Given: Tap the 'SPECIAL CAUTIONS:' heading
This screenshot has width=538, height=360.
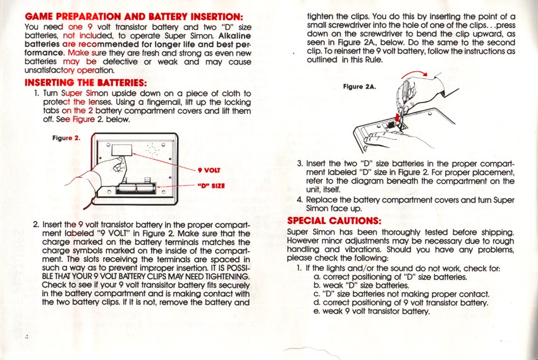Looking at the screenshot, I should (334, 221).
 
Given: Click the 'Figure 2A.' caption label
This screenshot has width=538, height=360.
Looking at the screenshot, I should (360, 86).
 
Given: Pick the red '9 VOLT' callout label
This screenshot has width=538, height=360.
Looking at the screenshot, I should (208, 170).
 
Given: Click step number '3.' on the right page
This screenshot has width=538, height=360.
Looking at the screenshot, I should (300, 163).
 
